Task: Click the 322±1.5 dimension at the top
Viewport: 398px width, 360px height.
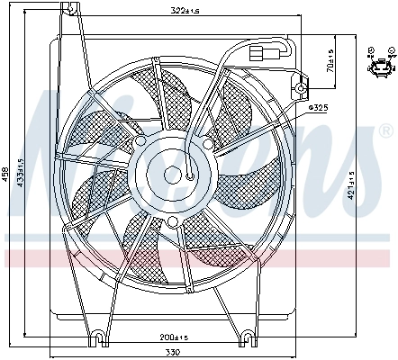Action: (x=185, y=11)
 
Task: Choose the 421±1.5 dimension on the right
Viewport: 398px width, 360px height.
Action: (x=350, y=185)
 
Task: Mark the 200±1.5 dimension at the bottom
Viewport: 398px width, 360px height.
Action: (x=173, y=337)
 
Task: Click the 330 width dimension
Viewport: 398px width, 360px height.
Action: (x=174, y=352)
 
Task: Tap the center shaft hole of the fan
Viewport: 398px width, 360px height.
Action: (x=172, y=175)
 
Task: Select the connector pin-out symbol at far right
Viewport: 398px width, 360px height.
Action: (x=380, y=62)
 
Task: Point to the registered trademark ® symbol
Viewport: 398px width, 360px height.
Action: (x=386, y=130)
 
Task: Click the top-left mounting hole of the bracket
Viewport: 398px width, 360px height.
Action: (x=70, y=8)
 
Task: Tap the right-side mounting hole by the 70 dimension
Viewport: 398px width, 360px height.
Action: (x=301, y=88)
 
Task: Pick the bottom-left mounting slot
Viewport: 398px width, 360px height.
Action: (x=96, y=337)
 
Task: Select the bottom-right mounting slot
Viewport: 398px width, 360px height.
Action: (x=248, y=337)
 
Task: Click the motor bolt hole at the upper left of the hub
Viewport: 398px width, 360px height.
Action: (x=140, y=141)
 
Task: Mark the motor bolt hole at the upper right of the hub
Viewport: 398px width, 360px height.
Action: (x=207, y=143)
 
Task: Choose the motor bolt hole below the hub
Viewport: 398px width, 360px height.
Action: (x=172, y=221)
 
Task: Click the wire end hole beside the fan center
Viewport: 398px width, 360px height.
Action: (x=190, y=176)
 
